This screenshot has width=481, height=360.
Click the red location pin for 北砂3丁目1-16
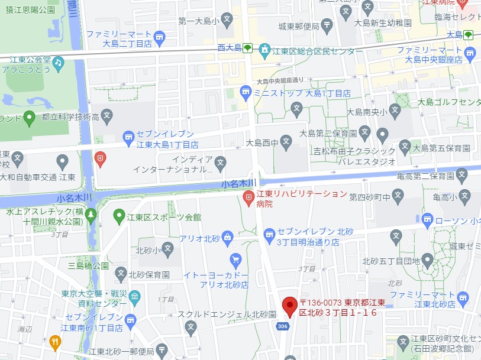(x=289, y=306)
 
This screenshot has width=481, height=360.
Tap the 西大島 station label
(x=228, y=48)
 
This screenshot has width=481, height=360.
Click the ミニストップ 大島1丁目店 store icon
(x=246, y=93)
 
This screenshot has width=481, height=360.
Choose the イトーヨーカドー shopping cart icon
(x=236, y=259)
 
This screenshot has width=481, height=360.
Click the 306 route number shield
(x=283, y=326)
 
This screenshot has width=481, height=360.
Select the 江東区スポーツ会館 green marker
(x=119, y=217)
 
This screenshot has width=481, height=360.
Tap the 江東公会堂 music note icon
(x=58, y=61)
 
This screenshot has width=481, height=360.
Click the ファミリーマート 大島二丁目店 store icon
(x=159, y=39)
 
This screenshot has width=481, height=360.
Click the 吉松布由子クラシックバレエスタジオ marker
(x=382, y=134)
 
